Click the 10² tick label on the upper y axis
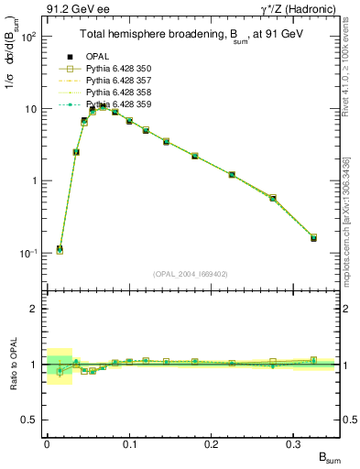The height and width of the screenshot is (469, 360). pos(29,38)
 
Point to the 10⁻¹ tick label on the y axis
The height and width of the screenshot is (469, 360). pos(28,253)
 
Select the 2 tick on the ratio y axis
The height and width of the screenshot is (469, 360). pos(36,309)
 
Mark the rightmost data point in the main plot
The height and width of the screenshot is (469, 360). pos(313,237)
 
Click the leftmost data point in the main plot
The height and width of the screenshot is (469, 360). pos(60,249)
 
